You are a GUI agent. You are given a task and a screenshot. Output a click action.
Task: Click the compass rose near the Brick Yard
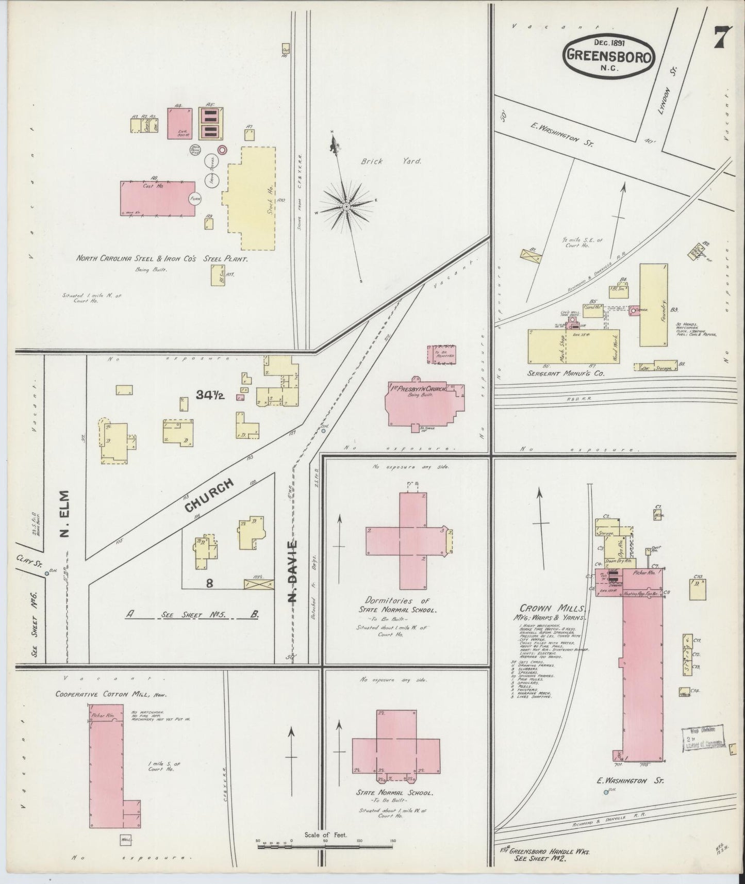pyautogui.click(x=346, y=207)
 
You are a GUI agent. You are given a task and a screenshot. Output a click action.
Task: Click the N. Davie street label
pyautogui.click(x=292, y=571)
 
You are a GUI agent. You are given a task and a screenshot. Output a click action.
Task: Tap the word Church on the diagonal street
pyautogui.click(x=210, y=494)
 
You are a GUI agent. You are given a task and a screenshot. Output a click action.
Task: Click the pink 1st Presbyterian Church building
pyautogui.click(x=424, y=404)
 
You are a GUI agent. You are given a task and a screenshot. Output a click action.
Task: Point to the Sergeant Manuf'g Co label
pyautogui.click(x=567, y=372)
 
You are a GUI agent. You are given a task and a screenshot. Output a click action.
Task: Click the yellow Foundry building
pyautogui.click(x=654, y=305)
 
